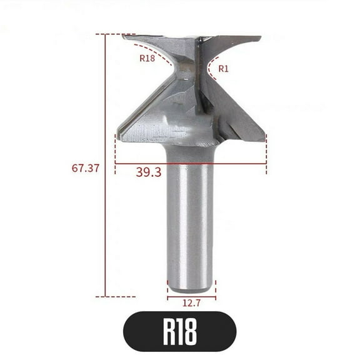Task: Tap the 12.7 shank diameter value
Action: [191, 304]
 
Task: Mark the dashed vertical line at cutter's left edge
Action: [116, 153]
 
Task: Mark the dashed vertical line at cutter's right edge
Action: [266, 153]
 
